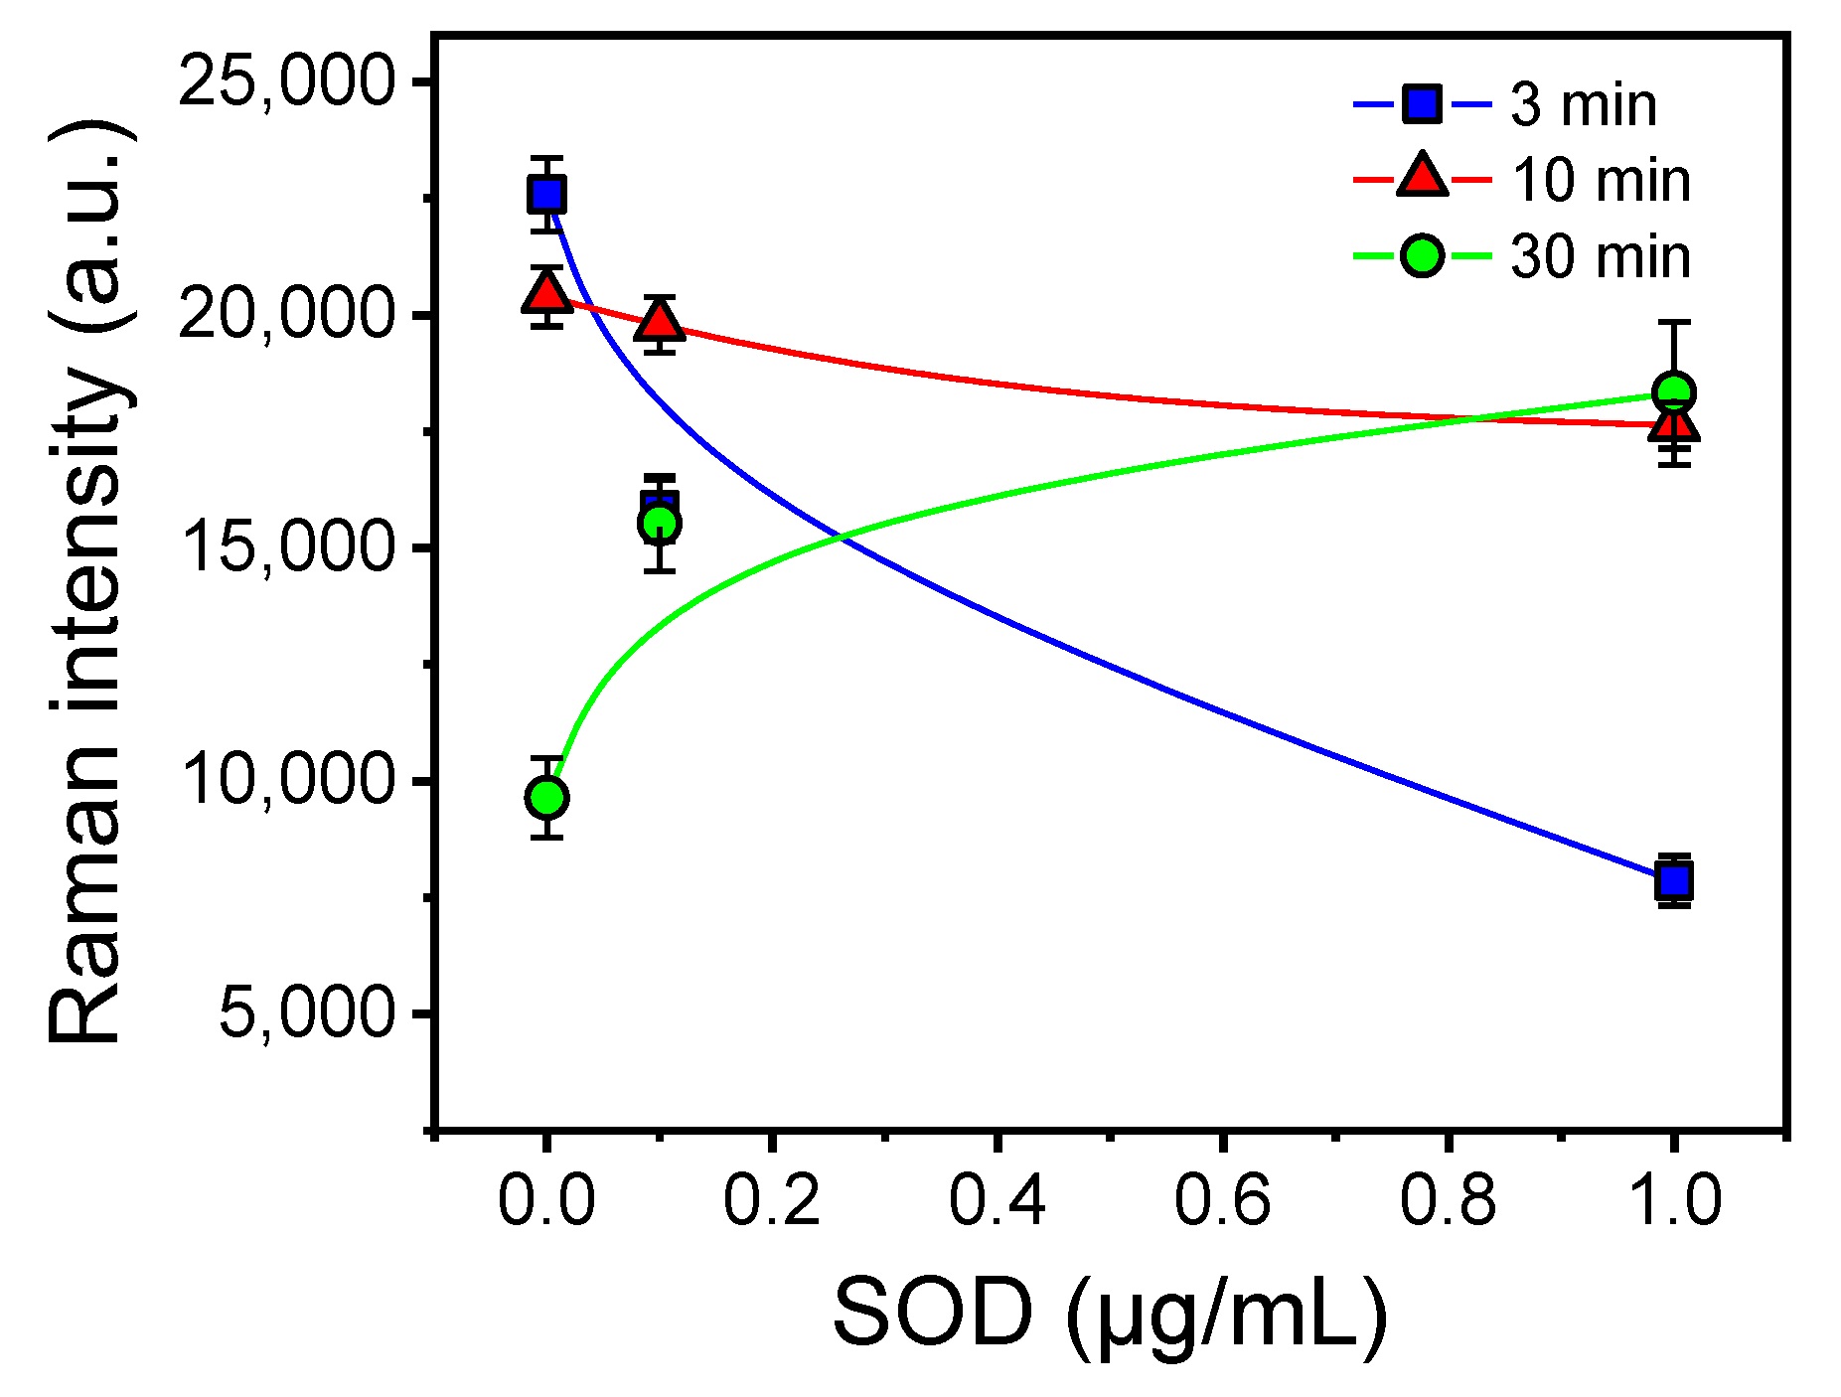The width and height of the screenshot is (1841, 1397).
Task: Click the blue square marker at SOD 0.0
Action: coord(546,195)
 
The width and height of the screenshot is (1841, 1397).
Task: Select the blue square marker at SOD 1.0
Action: coord(1674,880)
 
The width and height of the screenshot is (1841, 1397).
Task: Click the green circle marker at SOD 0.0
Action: coord(546,797)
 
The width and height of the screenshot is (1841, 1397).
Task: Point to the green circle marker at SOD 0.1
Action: coord(660,524)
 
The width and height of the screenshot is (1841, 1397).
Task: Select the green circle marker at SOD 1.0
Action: coord(1674,392)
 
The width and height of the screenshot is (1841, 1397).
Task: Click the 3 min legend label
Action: coord(1584,105)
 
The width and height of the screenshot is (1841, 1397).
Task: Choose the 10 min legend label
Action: coord(1600,181)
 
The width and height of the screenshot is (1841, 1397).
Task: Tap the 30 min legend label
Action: coord(1600,256)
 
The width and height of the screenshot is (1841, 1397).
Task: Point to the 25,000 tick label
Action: coord(287,80)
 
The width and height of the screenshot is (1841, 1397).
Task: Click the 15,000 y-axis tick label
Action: coord(287,547)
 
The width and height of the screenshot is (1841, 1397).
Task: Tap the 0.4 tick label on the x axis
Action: coord(997,1199)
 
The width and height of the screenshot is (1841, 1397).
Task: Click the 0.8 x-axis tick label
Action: coord(1448,1199)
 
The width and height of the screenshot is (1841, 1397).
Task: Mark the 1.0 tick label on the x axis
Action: coord(1674,1199)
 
